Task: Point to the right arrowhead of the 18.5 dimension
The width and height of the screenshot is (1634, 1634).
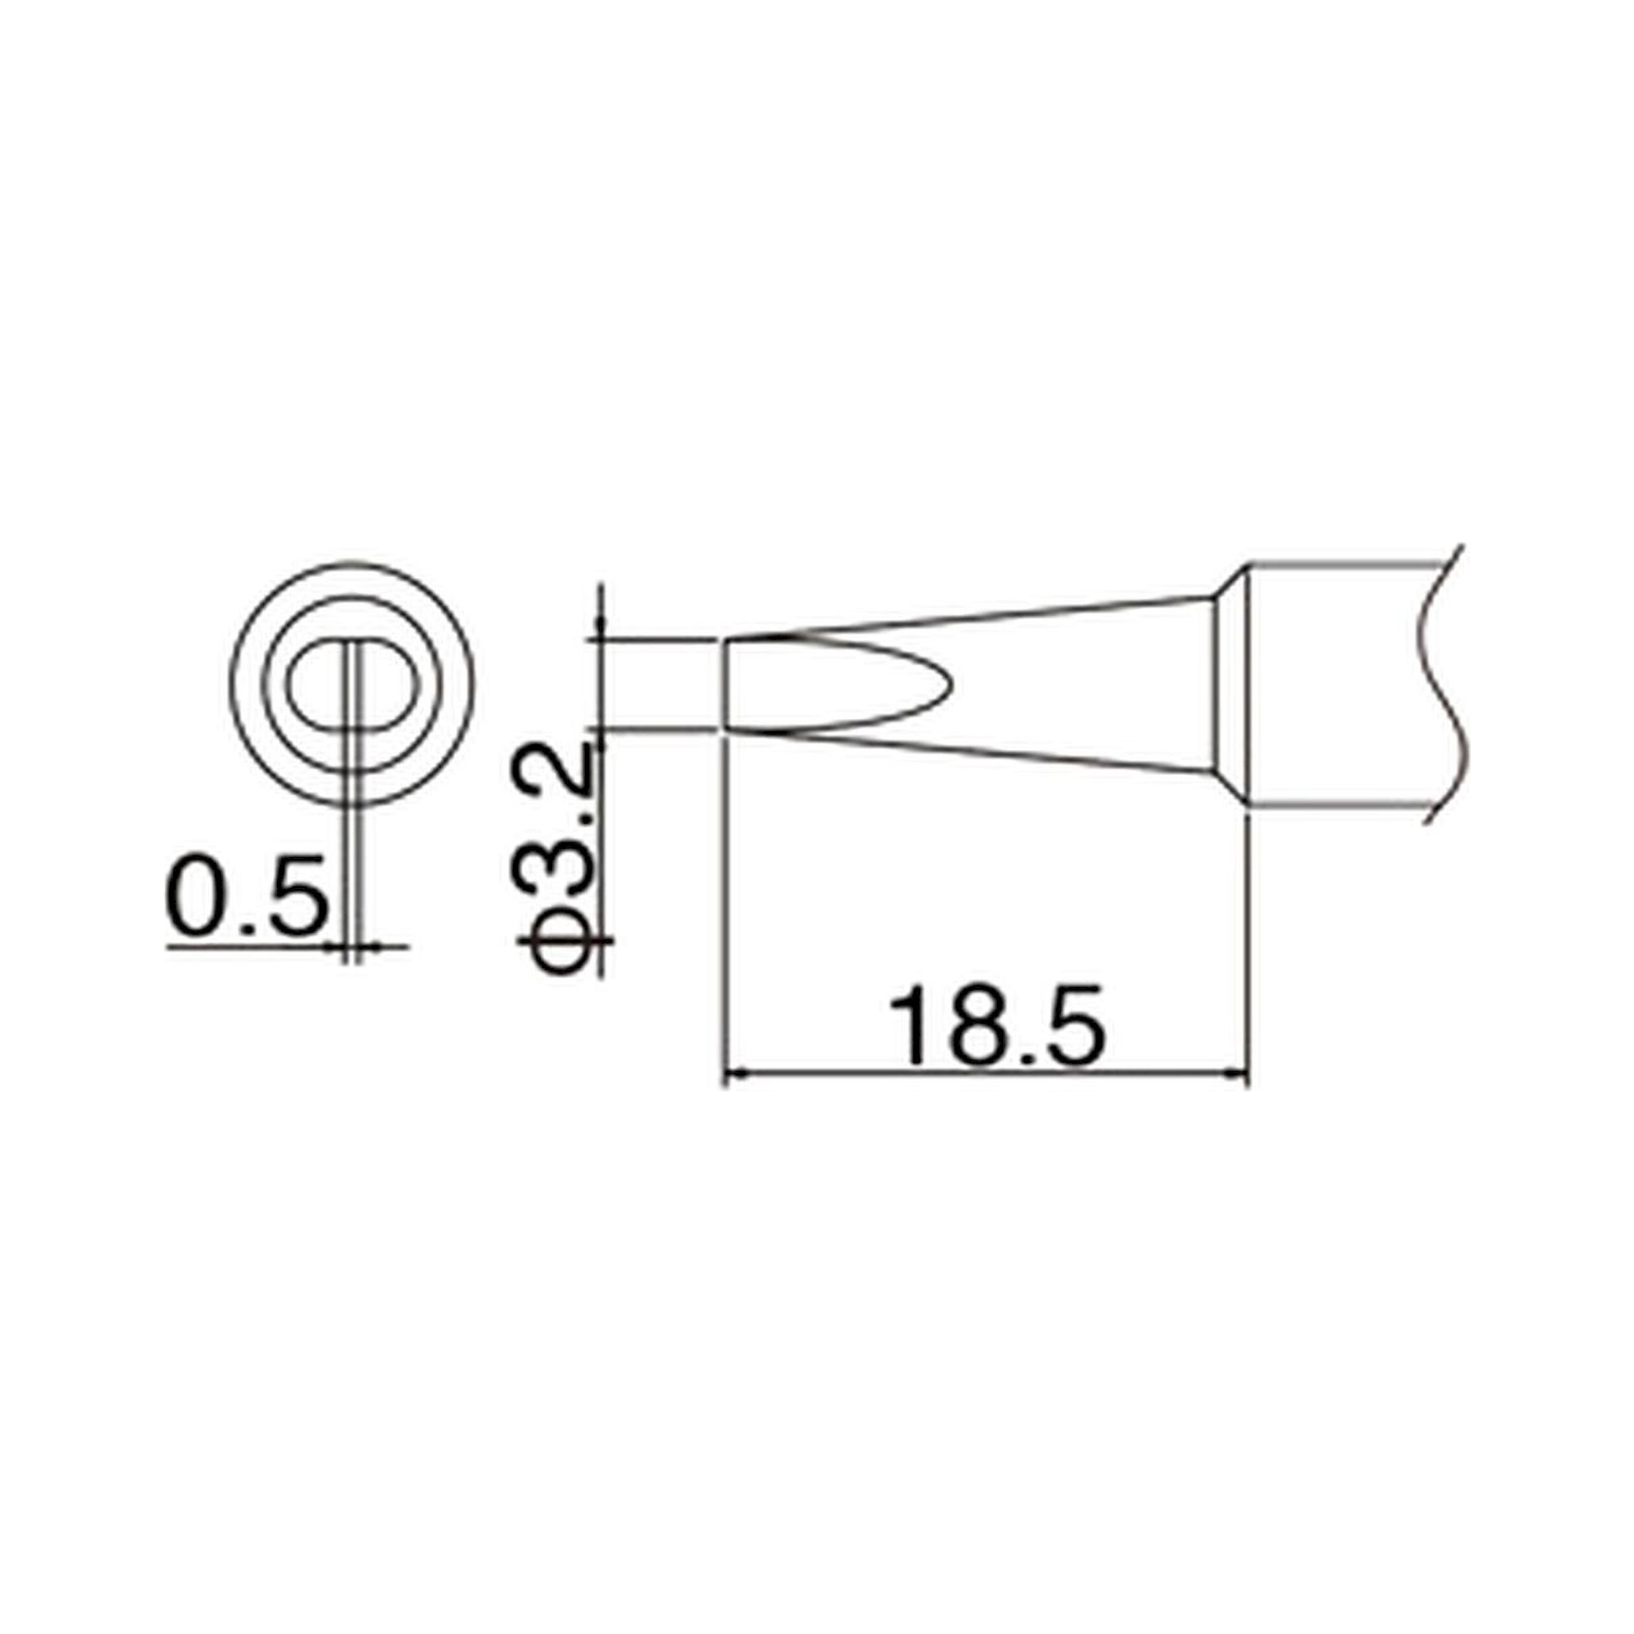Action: (x=1239, y=1075)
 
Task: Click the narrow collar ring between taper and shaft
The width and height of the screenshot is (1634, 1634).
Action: (x=1231, y=685)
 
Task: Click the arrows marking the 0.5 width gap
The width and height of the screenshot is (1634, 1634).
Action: (x=355, y=947)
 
